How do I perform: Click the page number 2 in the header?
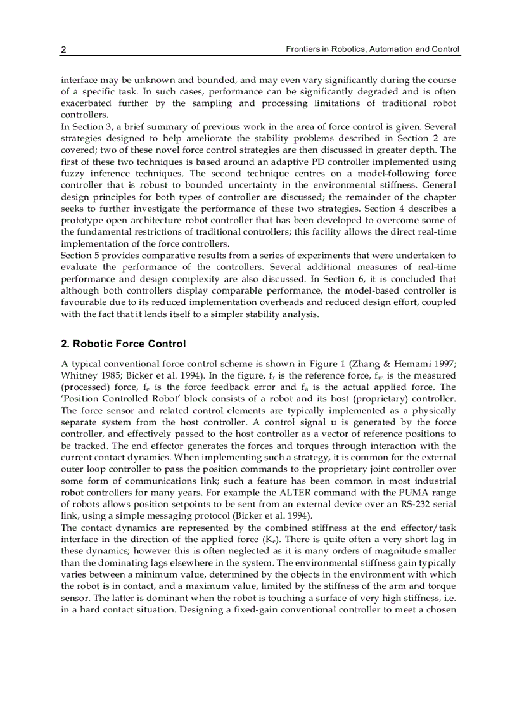[63, 49]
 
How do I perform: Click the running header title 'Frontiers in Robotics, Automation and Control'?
[373, 49]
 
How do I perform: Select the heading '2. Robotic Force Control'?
[124, 344]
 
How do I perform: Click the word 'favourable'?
[85, 302]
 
